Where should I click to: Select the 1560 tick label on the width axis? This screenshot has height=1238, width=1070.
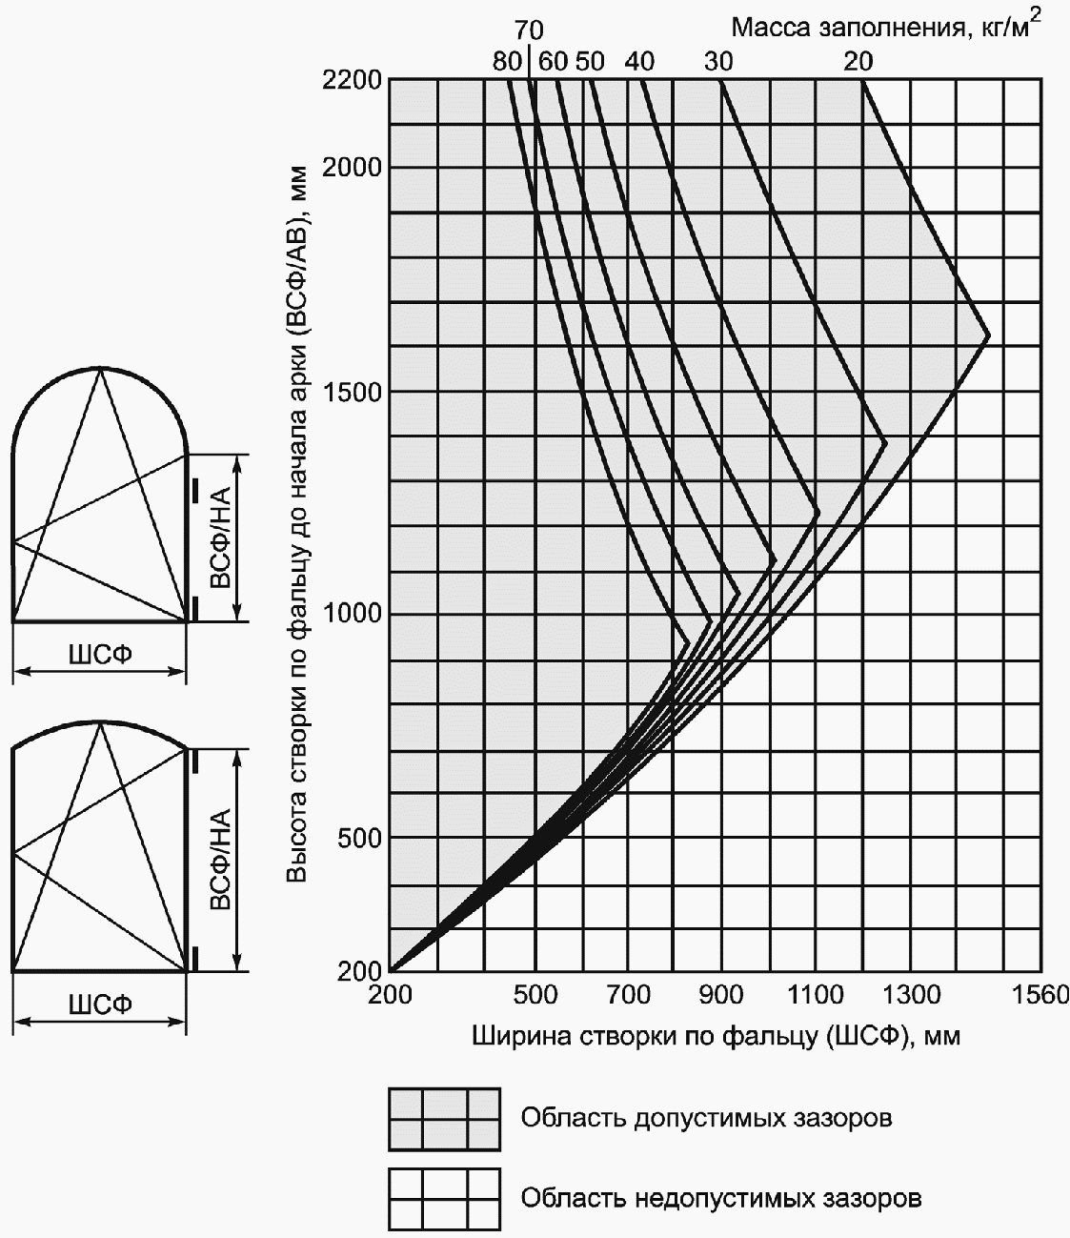click(x=1040, y=996)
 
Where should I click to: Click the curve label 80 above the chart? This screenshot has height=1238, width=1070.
click(x=507, y=62)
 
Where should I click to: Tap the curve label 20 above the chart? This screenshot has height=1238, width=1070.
click(x=858, y=62)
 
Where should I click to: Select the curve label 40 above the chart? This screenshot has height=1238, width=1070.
click(x=639, y=62)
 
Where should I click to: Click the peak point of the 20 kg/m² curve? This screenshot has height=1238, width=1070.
click(x=989, y=336)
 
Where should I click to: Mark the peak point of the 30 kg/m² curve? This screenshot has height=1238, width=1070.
click(x=886, y=442)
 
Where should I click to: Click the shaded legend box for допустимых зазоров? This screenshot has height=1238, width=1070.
click(x=444, y=1119)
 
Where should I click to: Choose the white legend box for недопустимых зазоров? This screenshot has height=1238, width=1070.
click(x=444, y=1199)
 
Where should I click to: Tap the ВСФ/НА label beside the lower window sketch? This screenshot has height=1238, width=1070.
click(x=220, y=861)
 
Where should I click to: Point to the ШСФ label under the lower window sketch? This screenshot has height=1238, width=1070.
click(x=99, y=1004)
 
